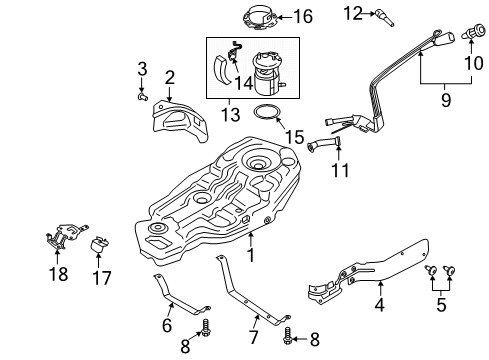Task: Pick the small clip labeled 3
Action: coord(144,98)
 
